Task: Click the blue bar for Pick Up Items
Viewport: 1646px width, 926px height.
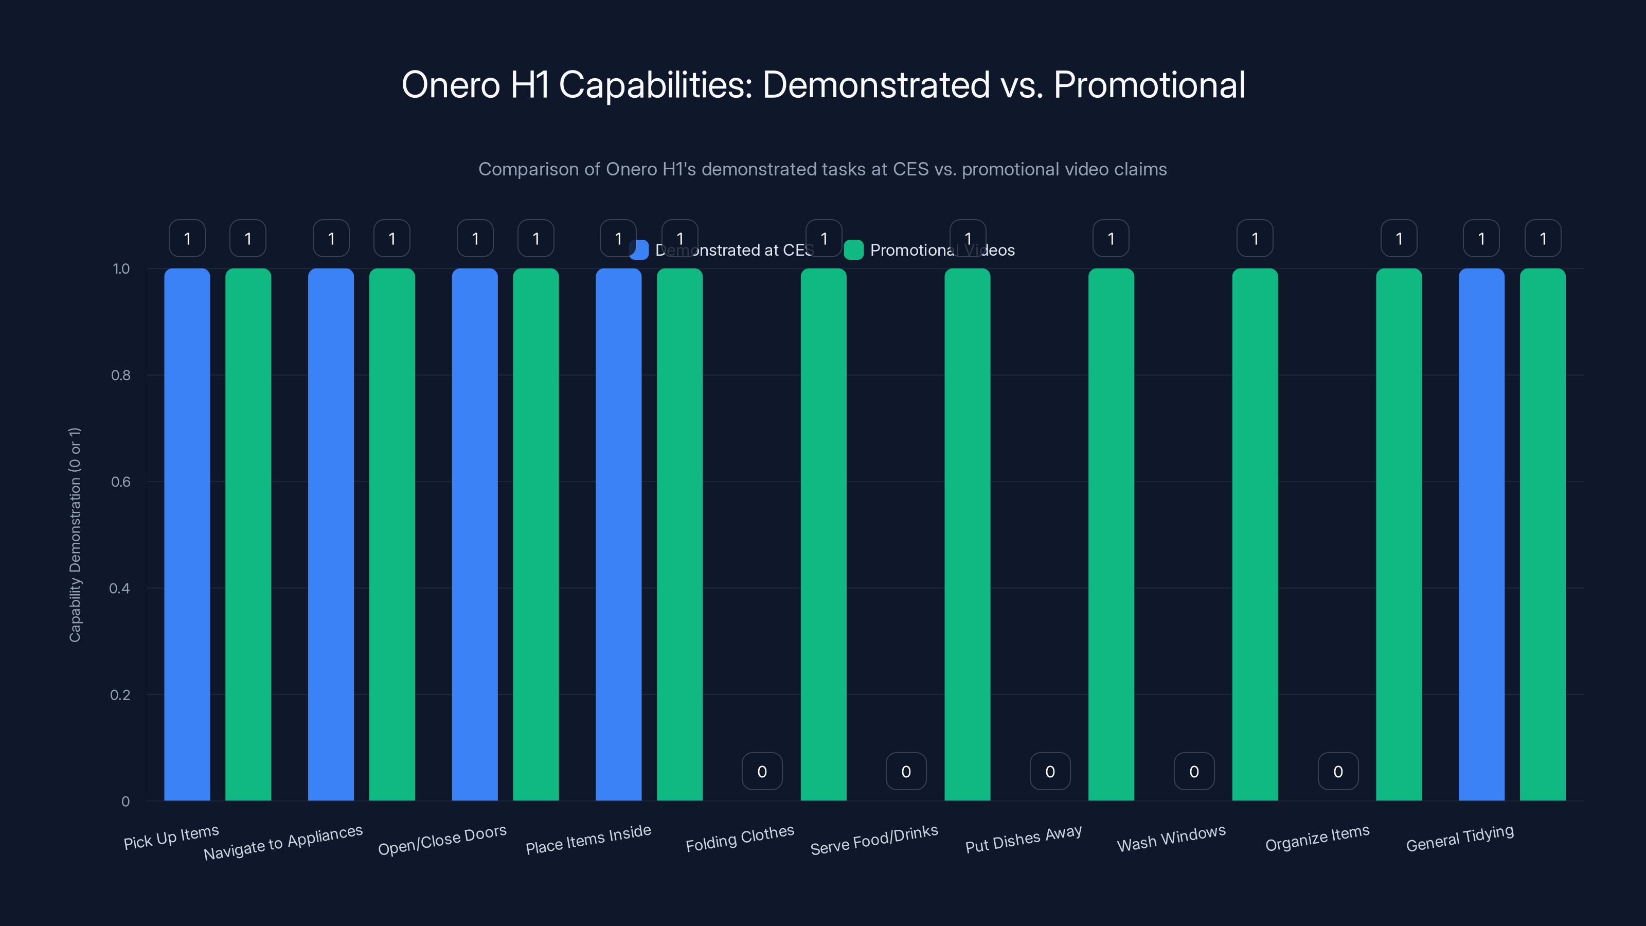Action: (187, 535)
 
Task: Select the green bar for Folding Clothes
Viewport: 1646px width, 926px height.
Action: (823, 535)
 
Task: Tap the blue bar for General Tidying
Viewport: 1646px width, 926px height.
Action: (1481, 535)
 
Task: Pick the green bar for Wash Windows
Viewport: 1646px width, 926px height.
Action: (1255, 535)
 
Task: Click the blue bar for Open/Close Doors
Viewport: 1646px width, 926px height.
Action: (474, 535)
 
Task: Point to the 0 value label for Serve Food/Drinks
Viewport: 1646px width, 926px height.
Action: (905, 771)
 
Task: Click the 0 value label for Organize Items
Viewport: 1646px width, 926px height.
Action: (1337, 771)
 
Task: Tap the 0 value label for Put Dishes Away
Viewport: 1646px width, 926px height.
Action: (1049, 771)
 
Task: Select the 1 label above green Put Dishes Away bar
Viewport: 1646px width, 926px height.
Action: (1111, 238)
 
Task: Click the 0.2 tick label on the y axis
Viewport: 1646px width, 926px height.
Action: (120, 694)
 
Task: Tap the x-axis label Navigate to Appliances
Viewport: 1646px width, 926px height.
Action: (283, 842)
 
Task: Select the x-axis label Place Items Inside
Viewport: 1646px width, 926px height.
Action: (588, 840)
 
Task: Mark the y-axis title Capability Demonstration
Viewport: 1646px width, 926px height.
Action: (75, 535)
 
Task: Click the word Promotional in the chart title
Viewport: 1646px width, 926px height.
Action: (1149, 85)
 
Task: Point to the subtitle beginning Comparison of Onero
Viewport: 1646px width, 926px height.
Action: (822, 169)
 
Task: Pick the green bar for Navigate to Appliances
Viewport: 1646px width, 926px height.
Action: (391, 535)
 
